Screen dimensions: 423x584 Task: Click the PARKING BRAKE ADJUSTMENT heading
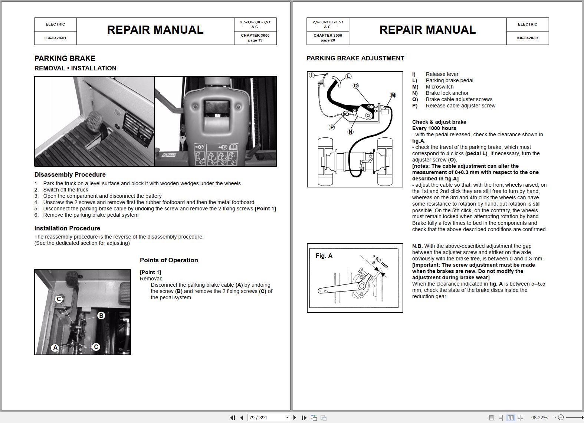355,58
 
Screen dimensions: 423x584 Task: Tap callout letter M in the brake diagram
393,95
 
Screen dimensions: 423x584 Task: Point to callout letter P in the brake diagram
332,127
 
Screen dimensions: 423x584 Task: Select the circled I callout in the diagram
312,75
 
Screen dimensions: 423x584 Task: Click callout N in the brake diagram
351,131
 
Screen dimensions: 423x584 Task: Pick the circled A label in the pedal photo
55,347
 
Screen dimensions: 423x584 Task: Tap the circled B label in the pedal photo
101,316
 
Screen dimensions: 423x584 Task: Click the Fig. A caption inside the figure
324,256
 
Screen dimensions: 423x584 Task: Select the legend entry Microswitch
439,87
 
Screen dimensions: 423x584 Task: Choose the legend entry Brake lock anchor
447,93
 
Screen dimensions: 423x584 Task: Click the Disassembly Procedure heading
70,174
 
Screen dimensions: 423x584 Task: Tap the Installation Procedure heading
67,228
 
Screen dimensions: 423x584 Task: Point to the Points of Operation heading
169,260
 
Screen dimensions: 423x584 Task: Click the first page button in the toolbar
233,417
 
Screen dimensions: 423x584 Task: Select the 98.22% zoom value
539,417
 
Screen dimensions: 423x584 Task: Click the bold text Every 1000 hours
434,128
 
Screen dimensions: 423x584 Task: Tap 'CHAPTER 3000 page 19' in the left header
255,38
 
